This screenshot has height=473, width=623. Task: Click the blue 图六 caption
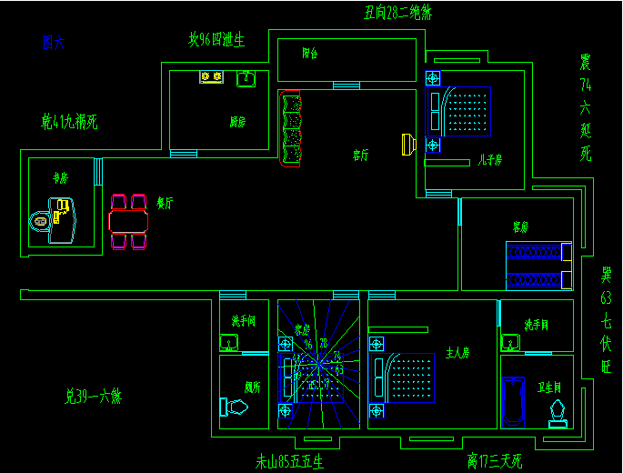tap(53, 42)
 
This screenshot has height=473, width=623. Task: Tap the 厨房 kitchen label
tap(236, 120)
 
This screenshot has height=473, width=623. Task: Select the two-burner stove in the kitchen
tap(212, 77)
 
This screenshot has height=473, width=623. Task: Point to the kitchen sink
tap(246, 79)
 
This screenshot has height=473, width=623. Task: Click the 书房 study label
tap(61, 178)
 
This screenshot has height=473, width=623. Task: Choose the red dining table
tap(127, 221)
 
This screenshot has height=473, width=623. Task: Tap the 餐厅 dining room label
tap(165, 204)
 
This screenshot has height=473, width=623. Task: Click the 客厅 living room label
tap(361, 156)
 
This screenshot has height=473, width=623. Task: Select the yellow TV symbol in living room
tap(408, 144)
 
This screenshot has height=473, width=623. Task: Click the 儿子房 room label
tap(489, 160)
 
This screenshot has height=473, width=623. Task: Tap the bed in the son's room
tap(466, 111)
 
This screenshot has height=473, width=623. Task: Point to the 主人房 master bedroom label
tap(457, 352)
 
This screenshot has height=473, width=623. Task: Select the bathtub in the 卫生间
tap(513, 401)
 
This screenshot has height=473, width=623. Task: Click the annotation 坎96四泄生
tap(216, 40)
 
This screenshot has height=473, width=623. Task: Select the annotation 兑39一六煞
tap(93, 397)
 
